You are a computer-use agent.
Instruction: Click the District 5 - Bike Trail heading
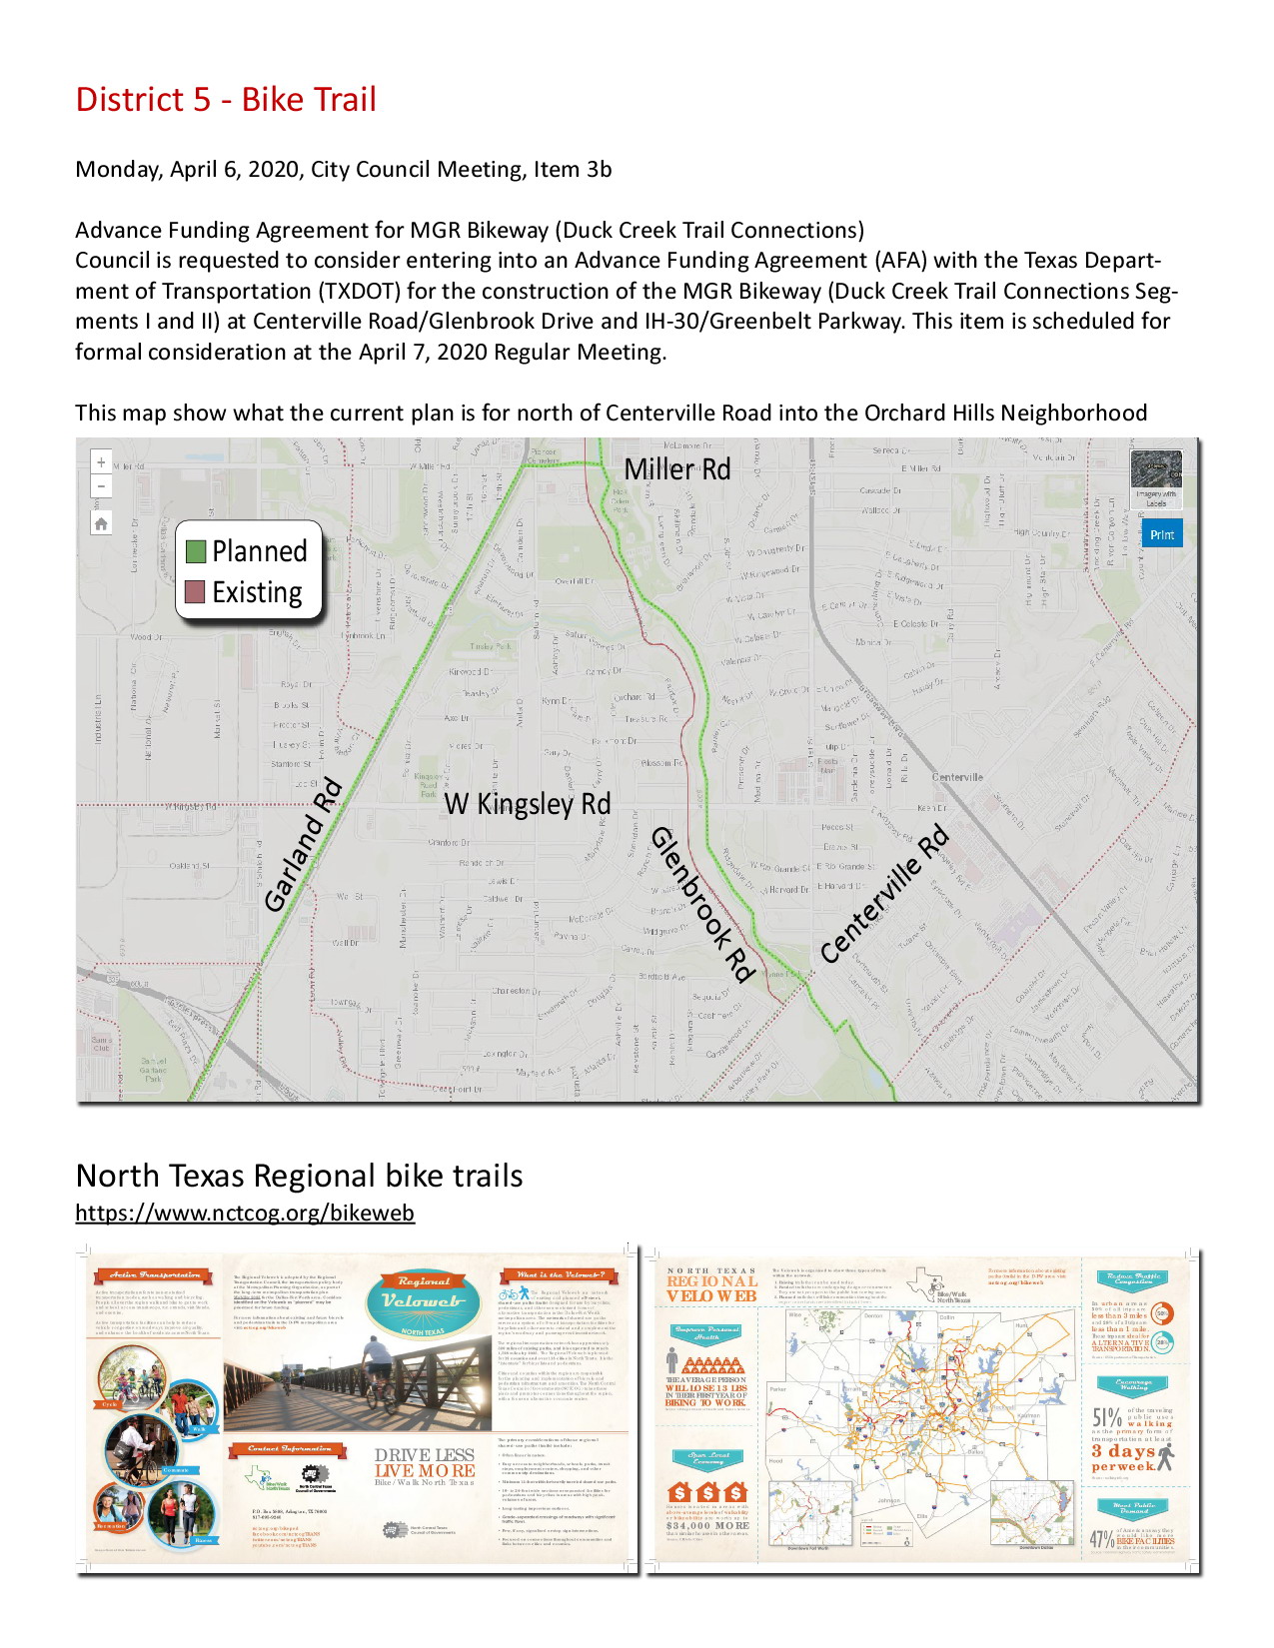[x=226, y=100]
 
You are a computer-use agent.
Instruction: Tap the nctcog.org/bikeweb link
[x=245, y=1213]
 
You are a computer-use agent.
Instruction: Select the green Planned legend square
[x=196, y=551]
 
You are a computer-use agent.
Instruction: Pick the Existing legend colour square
[x=196, y=592]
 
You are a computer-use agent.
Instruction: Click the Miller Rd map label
[x=676, y=469]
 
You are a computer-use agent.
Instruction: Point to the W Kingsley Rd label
[x=527, y=804]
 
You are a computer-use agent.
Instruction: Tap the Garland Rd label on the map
[x=304, y=845]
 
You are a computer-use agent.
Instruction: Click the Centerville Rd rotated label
[x=883, y=895]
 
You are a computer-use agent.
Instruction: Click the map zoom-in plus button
[x=101, y=462]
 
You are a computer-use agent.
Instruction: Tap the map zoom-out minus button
[x=101, y=486]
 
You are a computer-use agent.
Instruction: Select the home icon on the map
[x=101, y=523]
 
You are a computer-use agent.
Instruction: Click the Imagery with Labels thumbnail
[x=1156, y=477]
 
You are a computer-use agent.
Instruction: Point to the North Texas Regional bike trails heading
[x=299, y=1176]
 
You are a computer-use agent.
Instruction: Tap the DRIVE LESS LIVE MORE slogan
[x=425, y=1463]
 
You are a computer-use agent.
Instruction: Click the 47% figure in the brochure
[x=1101, y=1539]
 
